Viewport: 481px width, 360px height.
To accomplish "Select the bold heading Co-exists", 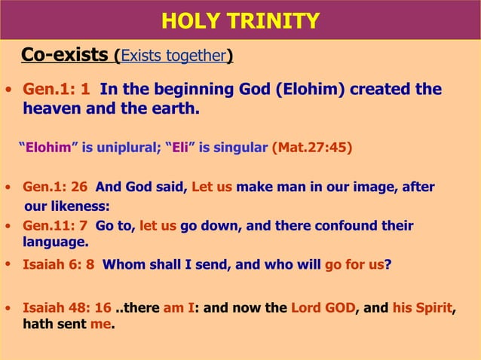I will [65, 55].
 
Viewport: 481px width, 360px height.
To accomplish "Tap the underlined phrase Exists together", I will [173, 56].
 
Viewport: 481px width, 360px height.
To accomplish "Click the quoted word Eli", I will [180, 147].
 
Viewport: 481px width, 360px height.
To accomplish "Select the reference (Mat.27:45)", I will [311, 147].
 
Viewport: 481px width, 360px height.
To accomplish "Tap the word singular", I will [240, 147].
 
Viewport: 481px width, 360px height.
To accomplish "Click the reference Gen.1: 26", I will [57, 187].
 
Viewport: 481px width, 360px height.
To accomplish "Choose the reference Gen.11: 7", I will [57, 225].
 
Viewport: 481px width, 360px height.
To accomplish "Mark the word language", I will [54, 243].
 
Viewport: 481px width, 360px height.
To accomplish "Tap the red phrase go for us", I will [354, 264].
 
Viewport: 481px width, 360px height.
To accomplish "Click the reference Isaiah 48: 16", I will [66, 308].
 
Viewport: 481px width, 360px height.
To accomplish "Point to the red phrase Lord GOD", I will [322, 308].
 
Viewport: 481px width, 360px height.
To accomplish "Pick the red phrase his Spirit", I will [421, 308].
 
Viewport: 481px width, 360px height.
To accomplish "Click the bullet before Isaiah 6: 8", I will [8, 264].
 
